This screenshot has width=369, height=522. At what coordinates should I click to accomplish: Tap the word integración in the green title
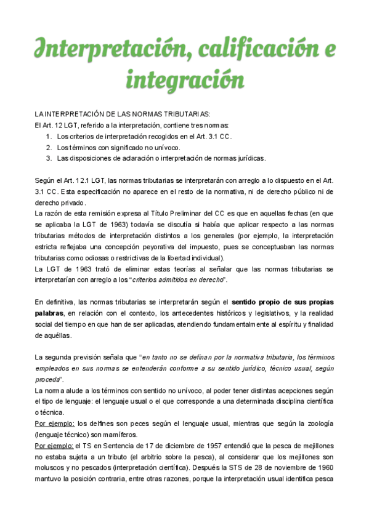coord(185,80)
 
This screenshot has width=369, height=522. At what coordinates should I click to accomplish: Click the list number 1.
coord(49,136)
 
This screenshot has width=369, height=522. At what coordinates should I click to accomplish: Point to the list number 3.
coord(49,158)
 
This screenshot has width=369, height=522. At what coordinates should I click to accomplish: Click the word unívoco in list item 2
coord(165,147)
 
